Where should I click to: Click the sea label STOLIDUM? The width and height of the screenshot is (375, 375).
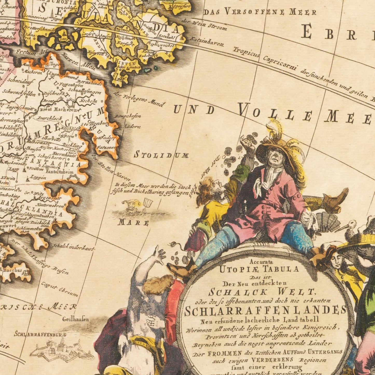[x=161, y=155]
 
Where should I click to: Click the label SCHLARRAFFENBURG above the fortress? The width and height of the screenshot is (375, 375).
[x=40, y=335]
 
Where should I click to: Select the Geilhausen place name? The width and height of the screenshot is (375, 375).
[x=75, y=319]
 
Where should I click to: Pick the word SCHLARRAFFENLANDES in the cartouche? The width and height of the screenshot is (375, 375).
[x=265, y=310]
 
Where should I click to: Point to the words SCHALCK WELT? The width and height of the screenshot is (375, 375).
[x=262, y=292]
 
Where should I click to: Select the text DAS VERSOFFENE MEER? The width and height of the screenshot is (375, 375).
[x=260, y=12]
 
